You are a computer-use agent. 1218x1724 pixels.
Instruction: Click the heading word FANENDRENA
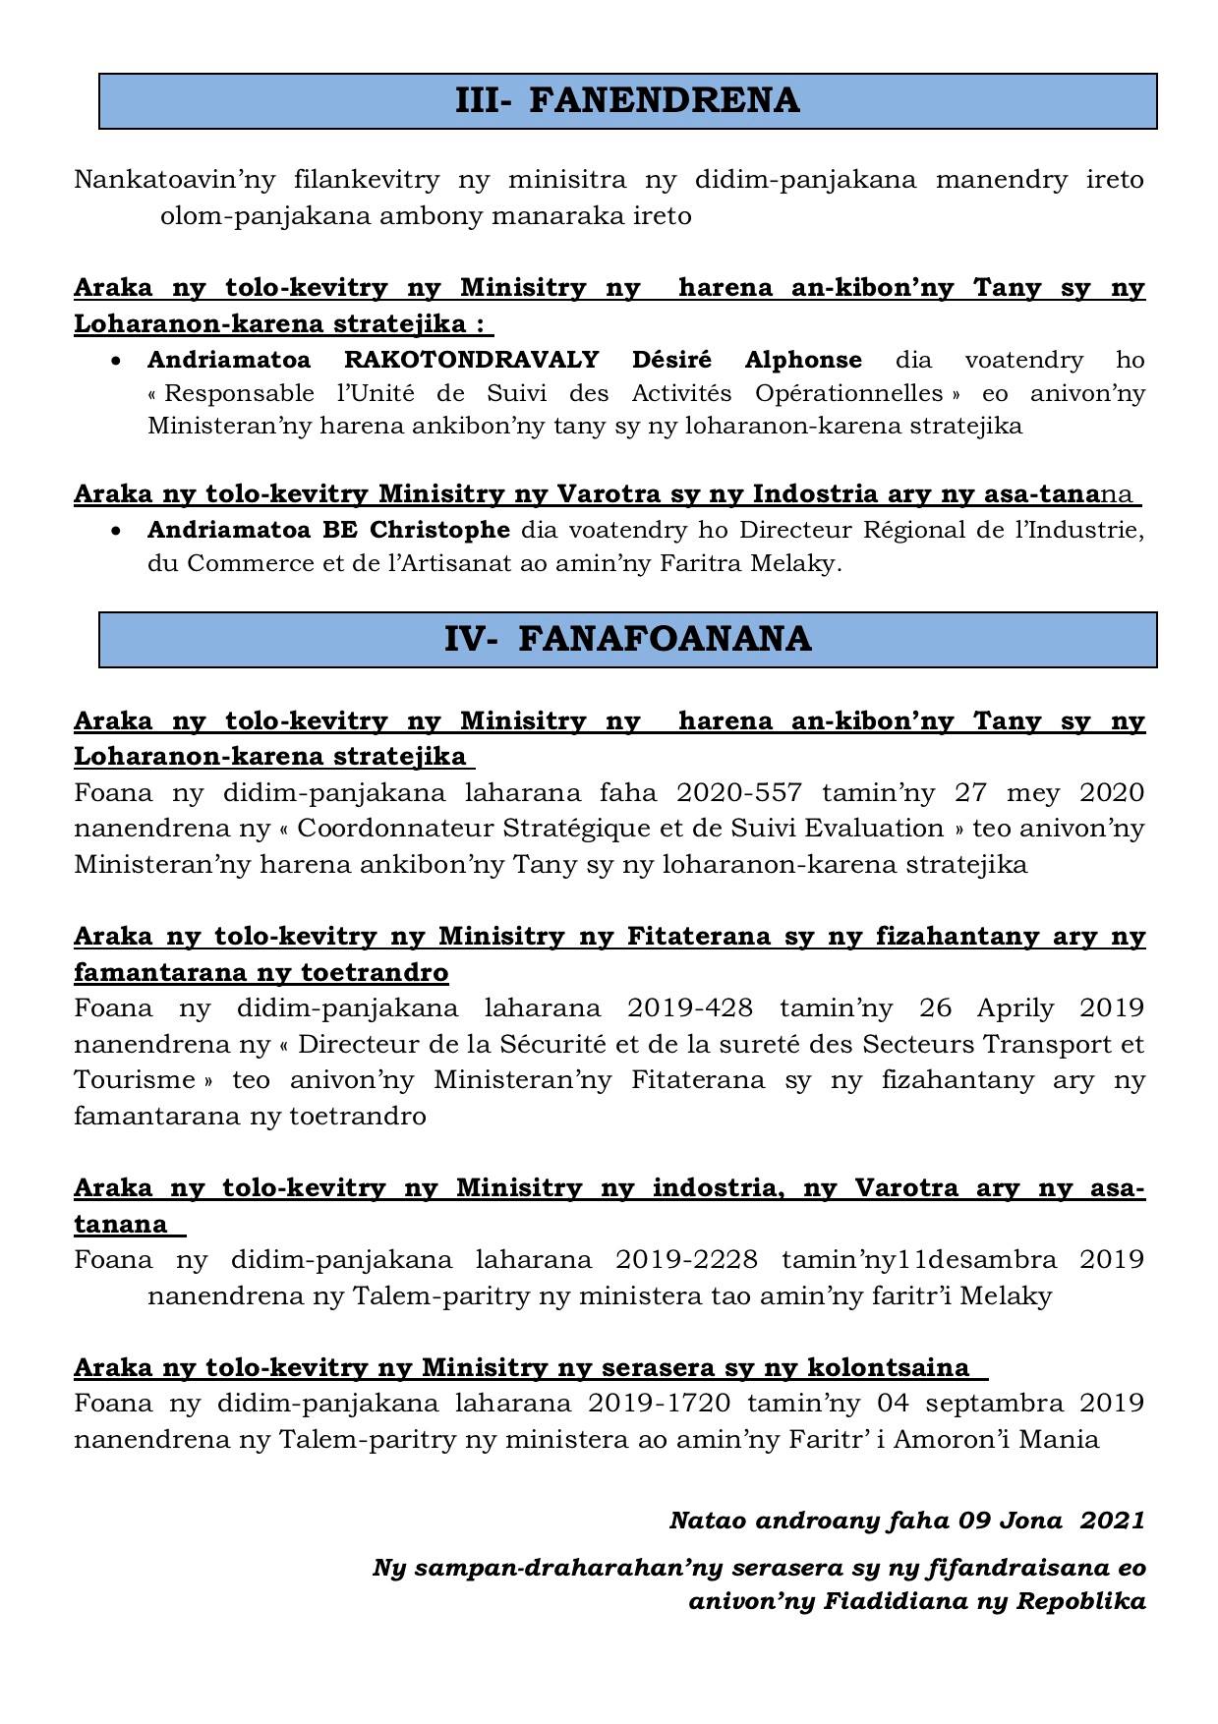point(665,100)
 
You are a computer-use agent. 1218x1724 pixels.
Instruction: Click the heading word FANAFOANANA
point(665,639)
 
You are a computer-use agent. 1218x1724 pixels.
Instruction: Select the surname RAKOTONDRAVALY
point(471,360)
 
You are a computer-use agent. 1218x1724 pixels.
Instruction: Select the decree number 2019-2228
point(686,1259)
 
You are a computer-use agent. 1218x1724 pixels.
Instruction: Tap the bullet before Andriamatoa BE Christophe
point(117,531)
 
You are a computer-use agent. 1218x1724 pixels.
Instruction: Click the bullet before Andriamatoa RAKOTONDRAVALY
point(117,361)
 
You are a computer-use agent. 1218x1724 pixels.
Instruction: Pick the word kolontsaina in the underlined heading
point(888,1367)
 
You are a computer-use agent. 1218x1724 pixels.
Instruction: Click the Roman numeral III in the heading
point(482,100)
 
